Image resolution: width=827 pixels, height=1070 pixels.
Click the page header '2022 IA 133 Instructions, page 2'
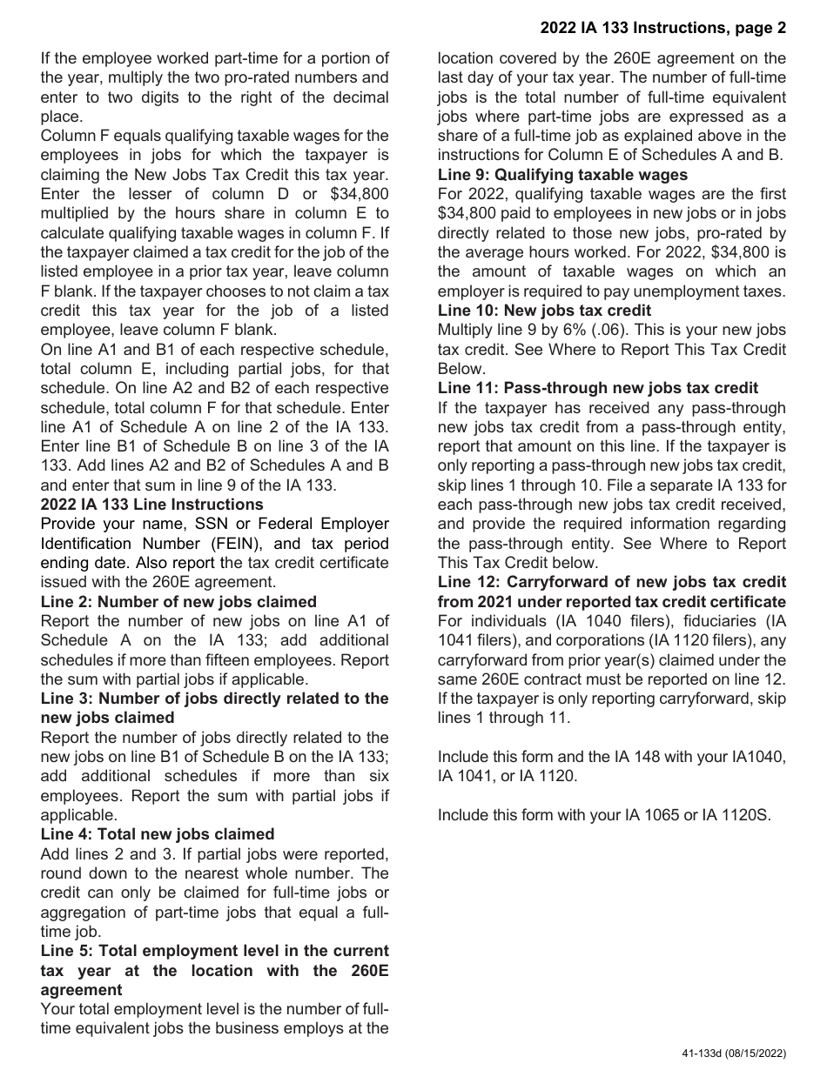pos(662,28)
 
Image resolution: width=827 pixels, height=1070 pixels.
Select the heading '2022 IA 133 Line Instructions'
pos(151,505)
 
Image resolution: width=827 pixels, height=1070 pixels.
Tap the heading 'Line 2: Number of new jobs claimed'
pos(178,602)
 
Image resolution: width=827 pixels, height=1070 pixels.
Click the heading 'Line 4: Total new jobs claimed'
pos(158,834)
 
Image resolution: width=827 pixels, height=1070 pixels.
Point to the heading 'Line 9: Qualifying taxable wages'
pos(562,175)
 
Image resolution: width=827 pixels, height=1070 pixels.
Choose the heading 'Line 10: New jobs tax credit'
pos(544,311)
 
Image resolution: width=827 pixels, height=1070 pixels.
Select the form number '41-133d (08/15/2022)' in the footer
pos(733,1053)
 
